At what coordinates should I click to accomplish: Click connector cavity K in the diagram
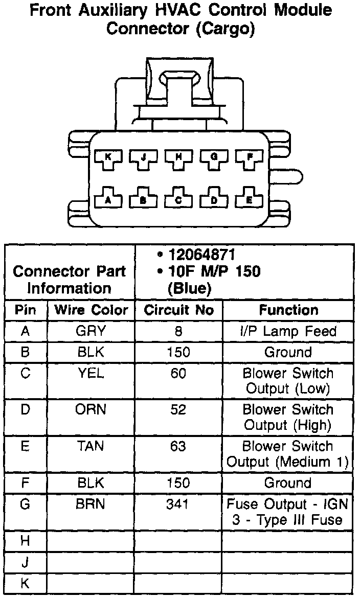tap(108, 157)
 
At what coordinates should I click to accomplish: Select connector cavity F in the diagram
tap(249, 157)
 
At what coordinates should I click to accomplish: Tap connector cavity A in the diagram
tap(108, 200)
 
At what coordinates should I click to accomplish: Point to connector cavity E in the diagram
tap(249, 200)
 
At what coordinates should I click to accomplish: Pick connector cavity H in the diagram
tap(178, 157)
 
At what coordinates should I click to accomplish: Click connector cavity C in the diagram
tap(178, 200)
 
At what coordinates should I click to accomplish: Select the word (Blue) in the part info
tap(189, 288)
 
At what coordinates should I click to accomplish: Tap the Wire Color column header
tap(91, 310)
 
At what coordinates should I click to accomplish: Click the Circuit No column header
tap(178, 310)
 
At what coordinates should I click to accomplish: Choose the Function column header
tap(288, 310)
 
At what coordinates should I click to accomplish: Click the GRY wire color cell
tap(91, 331)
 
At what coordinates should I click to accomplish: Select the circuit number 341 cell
tap(178, 504)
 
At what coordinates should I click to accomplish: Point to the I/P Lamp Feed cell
tap(288, 331)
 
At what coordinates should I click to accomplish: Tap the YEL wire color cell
tap(91, 374)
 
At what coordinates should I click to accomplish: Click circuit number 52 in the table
tap(178, 410)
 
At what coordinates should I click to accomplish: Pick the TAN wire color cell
tap(91, 446)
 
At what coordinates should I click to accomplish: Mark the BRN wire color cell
tap(91, 504)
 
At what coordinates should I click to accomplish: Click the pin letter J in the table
tap(25, 562)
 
